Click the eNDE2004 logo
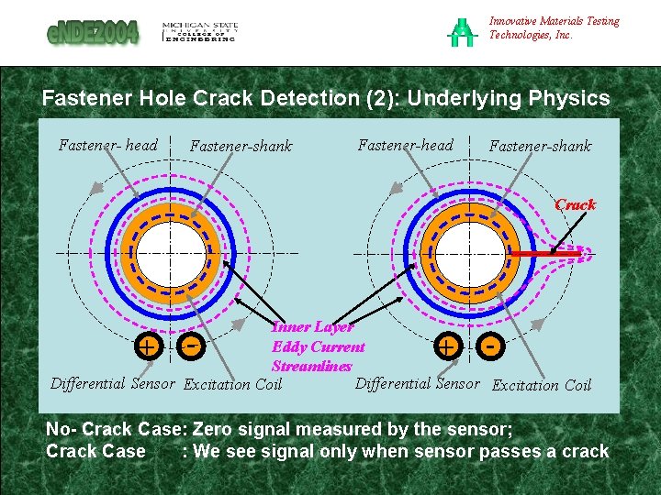click(93, 33)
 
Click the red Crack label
click(576, 204)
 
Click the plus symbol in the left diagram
click(146, 346)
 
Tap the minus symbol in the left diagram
click(191, 346)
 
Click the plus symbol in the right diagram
click(447, 346)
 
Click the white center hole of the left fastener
click(170, 251)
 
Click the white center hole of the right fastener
click(468, 252)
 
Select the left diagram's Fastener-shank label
click(241, 146)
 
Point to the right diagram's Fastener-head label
click(405, 145)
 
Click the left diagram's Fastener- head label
click(107, 145)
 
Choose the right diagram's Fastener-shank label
click(540, 146)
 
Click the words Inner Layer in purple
click(313, 327)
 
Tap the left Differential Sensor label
click(113, 383)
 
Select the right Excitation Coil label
click(542, 385)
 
